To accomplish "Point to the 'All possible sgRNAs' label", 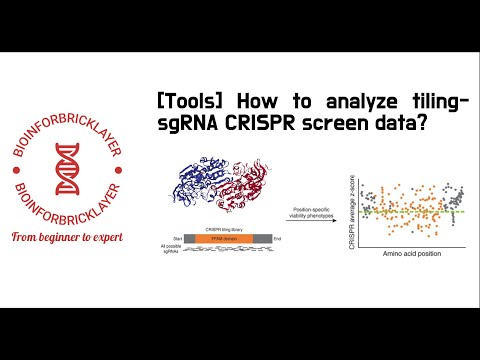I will (x=173, y=251).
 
